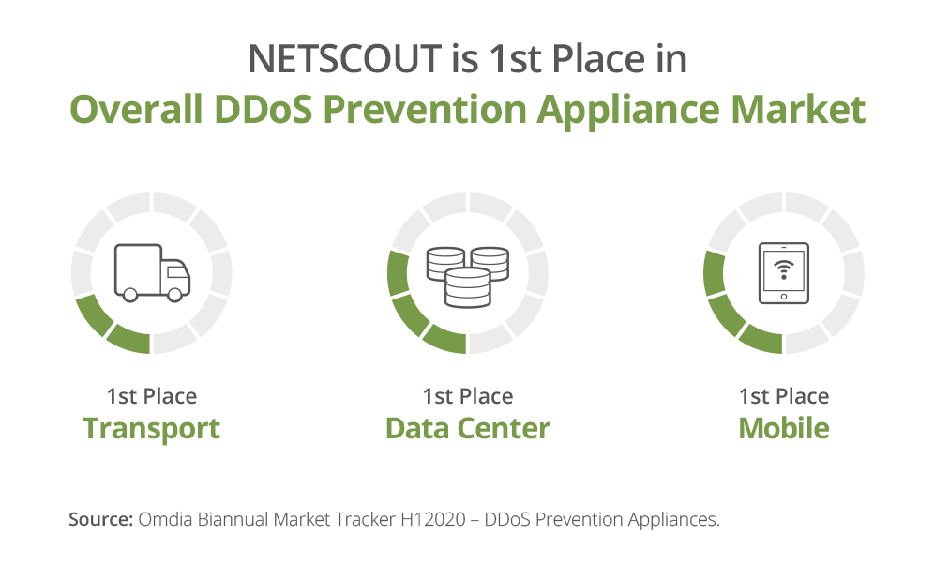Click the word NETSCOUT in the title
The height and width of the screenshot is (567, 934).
pos(344,59)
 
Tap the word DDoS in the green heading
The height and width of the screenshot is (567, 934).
pos(263,109)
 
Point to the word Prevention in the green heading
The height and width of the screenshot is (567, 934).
pos(425,109)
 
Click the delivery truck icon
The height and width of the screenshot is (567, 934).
pos(152,272)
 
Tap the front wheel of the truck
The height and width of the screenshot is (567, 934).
pos(174,295)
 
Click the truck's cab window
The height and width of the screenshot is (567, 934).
pos(176,272)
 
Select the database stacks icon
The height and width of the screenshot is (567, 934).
pos(468,277)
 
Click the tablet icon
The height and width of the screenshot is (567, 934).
pos(783,273)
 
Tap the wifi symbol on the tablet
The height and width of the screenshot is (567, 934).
pos(783,269)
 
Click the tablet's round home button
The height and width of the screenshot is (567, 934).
pos(783,297)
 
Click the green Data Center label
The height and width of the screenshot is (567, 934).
pos(468,429)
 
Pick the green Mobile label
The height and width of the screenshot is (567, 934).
pos(784,429)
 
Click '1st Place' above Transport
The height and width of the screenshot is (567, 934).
pos(151,396)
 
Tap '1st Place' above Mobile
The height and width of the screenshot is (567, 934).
pos(784,396)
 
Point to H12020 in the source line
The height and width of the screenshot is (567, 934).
pos(433,519)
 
